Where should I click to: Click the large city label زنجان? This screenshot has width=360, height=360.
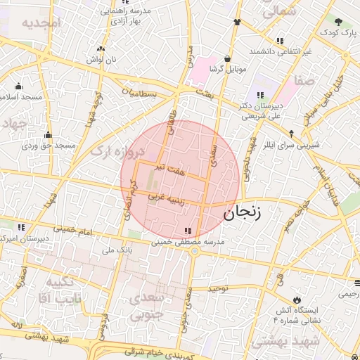(241, 212)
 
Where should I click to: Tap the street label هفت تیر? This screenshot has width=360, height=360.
(172, 169)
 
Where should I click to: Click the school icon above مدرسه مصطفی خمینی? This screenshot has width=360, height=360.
(186, 230)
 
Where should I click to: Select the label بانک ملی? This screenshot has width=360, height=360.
(117, 250)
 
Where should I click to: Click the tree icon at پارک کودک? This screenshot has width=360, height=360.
(339, 22)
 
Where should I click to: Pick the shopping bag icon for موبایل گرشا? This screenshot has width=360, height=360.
(227, 59)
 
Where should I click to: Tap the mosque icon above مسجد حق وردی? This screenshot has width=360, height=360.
(48, 134)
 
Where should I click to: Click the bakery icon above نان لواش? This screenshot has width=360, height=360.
(102, 49)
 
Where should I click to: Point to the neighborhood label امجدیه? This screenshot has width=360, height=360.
(41, 23)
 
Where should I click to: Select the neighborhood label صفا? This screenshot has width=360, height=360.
(307, 82)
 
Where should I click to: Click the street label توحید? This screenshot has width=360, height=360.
(219, 289)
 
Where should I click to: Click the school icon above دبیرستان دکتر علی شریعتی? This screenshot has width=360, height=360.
(260, 95)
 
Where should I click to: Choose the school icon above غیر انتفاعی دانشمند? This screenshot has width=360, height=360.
(281, 41)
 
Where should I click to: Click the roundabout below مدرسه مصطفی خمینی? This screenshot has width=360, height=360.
(193, 251)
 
